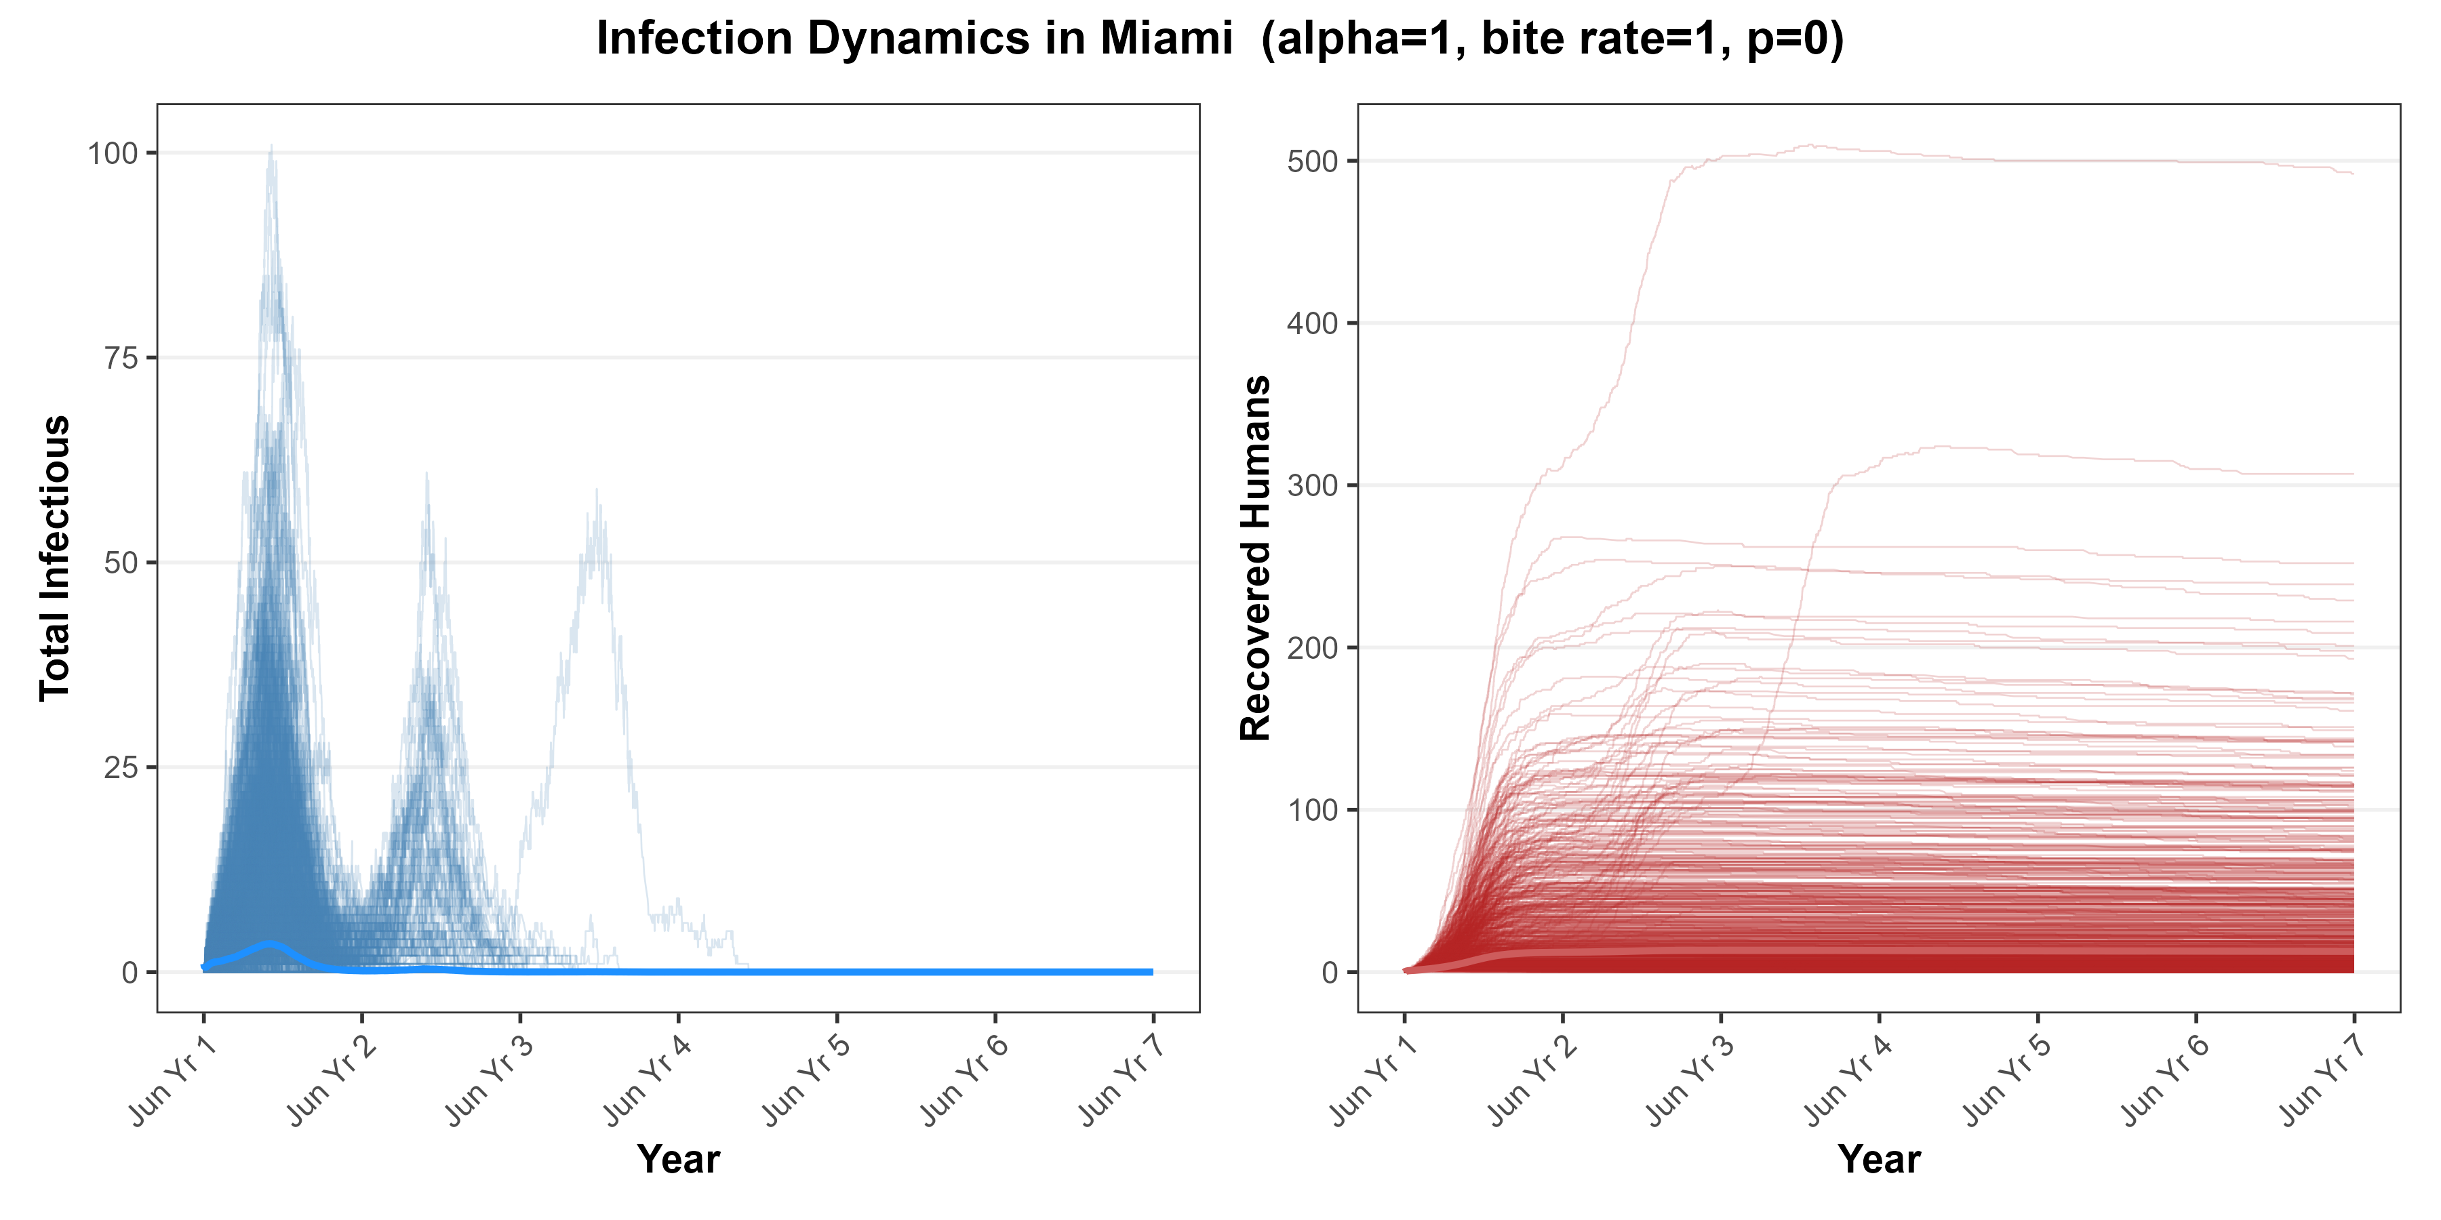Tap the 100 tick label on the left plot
click(x=113, y=153)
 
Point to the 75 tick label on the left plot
click(x=121, y=358)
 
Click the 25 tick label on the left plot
click(x=121, y=767)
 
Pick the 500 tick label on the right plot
click(x=1313, y=162)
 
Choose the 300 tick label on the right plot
click(x=1313, y=486)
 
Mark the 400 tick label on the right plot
click(x=1313, y=324)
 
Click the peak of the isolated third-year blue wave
click(x=597, y=491)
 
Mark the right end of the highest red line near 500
click(x=2352, y=174)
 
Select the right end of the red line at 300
click(x=2352, y=474)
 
